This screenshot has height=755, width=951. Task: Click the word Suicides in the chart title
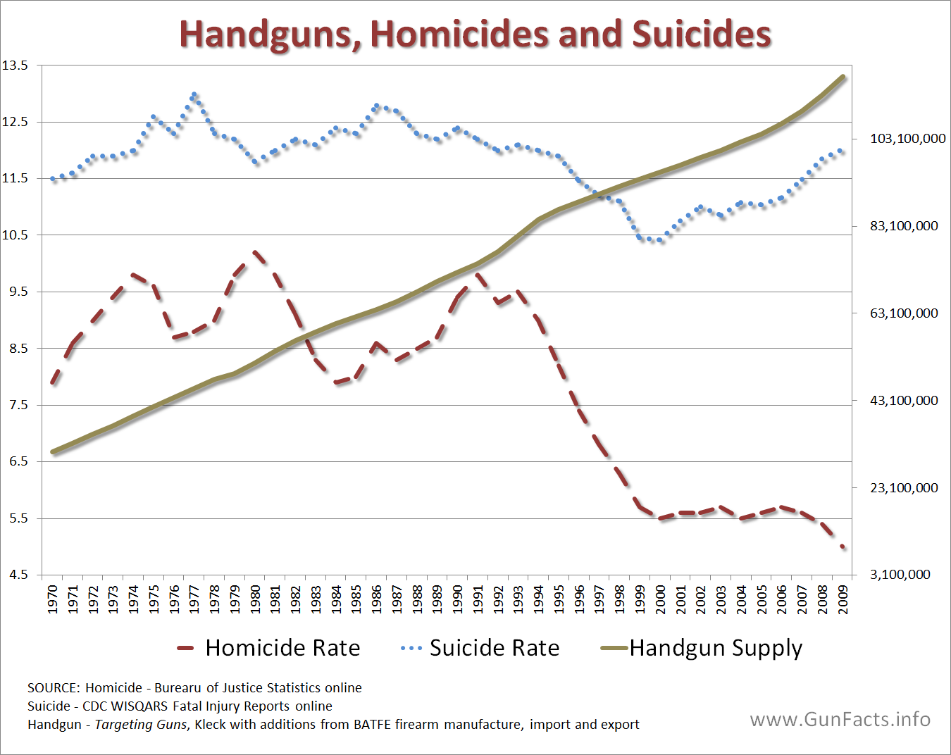701,34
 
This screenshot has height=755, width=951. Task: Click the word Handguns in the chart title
271,34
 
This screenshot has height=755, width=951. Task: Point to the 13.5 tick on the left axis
15,65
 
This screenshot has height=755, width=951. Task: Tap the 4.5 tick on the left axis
19,575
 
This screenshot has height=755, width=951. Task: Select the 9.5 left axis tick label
19,292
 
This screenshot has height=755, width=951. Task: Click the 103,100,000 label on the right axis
907,139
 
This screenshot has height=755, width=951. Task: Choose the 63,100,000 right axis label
904,313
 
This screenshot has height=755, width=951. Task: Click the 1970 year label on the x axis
53,599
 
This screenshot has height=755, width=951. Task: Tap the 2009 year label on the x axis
843,599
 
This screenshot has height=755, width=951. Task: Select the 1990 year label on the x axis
458,599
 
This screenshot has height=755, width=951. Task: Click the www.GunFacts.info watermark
840,719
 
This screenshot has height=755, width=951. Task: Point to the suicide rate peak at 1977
194,94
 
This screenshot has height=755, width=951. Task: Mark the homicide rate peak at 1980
255,251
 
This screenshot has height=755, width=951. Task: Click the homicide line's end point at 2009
843,547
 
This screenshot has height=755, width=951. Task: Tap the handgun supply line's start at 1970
54,451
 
